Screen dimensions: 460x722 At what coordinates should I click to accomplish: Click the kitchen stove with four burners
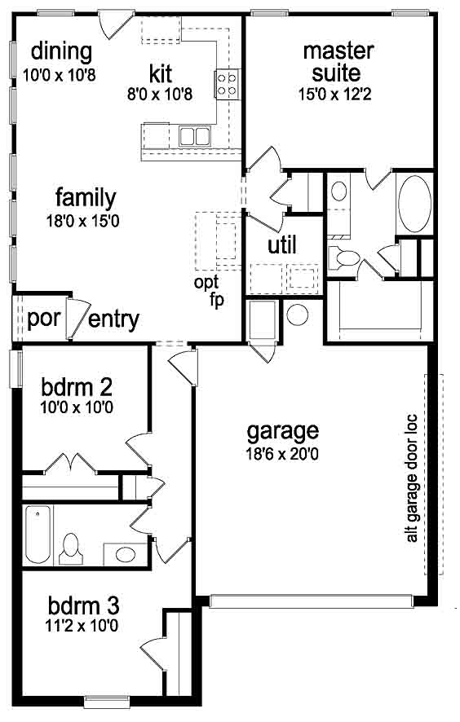click(228, 83)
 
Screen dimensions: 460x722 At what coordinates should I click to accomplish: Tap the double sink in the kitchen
click(194, 136)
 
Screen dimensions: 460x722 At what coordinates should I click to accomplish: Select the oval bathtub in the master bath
click(414, 204)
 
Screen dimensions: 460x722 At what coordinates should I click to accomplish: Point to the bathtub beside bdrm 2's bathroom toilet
click(38, 534)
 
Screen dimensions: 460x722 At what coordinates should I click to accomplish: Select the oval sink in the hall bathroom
click(125, 554)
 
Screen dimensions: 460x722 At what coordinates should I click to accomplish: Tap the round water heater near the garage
click(298, 314)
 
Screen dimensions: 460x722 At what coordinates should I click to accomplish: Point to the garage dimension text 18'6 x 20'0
click(282, 455)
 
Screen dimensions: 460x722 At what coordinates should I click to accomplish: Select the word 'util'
click(282, 245)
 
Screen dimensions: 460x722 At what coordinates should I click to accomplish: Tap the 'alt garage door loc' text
click(412, 479)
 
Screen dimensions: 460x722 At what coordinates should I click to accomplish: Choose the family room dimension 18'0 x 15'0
click(82, 221)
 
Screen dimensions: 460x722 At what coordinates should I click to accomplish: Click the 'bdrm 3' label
click(83, 606)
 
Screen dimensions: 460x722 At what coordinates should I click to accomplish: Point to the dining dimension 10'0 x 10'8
click(60, 75)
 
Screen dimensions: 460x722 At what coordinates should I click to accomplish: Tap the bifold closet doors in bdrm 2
click(70, 462)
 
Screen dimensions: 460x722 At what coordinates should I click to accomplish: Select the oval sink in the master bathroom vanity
click(338, 191)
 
